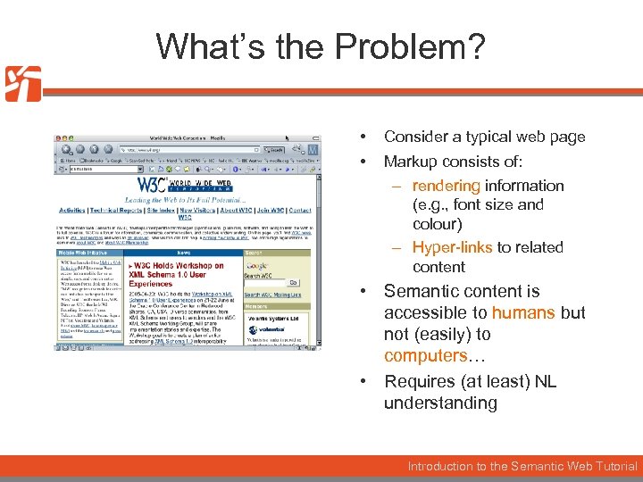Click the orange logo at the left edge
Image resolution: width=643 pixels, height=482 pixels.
coord(22,83)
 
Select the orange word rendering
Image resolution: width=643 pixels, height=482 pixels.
coord(447,186)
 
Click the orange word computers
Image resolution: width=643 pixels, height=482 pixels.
coord(422,355)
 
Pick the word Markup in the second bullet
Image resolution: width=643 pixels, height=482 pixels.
coord(410,162)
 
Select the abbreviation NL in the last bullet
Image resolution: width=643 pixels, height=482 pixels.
coord(545,381)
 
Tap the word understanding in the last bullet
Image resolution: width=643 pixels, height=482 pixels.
coord(440,403)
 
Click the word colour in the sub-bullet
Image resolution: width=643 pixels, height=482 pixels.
coord(437,224)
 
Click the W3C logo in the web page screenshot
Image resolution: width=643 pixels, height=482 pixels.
coord(159,186)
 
